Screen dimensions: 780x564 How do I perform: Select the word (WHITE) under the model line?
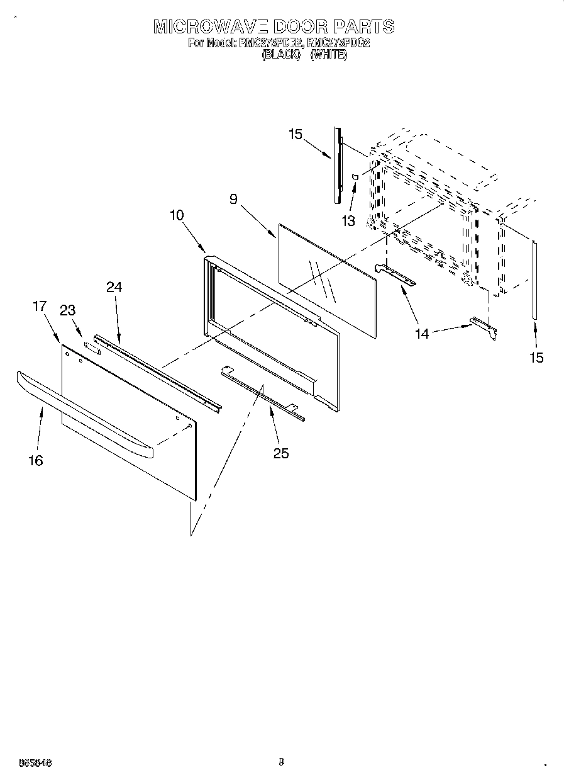coord(329,55)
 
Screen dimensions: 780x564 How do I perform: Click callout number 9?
coord(233,200)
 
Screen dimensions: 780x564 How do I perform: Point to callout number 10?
coord(177,215)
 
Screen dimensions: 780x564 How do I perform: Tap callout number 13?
coord(348,221)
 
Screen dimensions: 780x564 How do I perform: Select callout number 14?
coord(422,334)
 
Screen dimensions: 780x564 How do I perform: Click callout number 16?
coord(36,461)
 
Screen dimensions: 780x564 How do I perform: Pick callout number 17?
coord(40,306)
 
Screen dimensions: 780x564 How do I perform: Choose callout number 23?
coord(67,310)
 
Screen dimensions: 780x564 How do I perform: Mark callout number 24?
coord(114,287)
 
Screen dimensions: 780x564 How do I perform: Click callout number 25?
coord(281,453)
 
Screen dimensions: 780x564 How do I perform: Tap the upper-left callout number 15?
coord(296,134)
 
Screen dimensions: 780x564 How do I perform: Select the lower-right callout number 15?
coord(536,358)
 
